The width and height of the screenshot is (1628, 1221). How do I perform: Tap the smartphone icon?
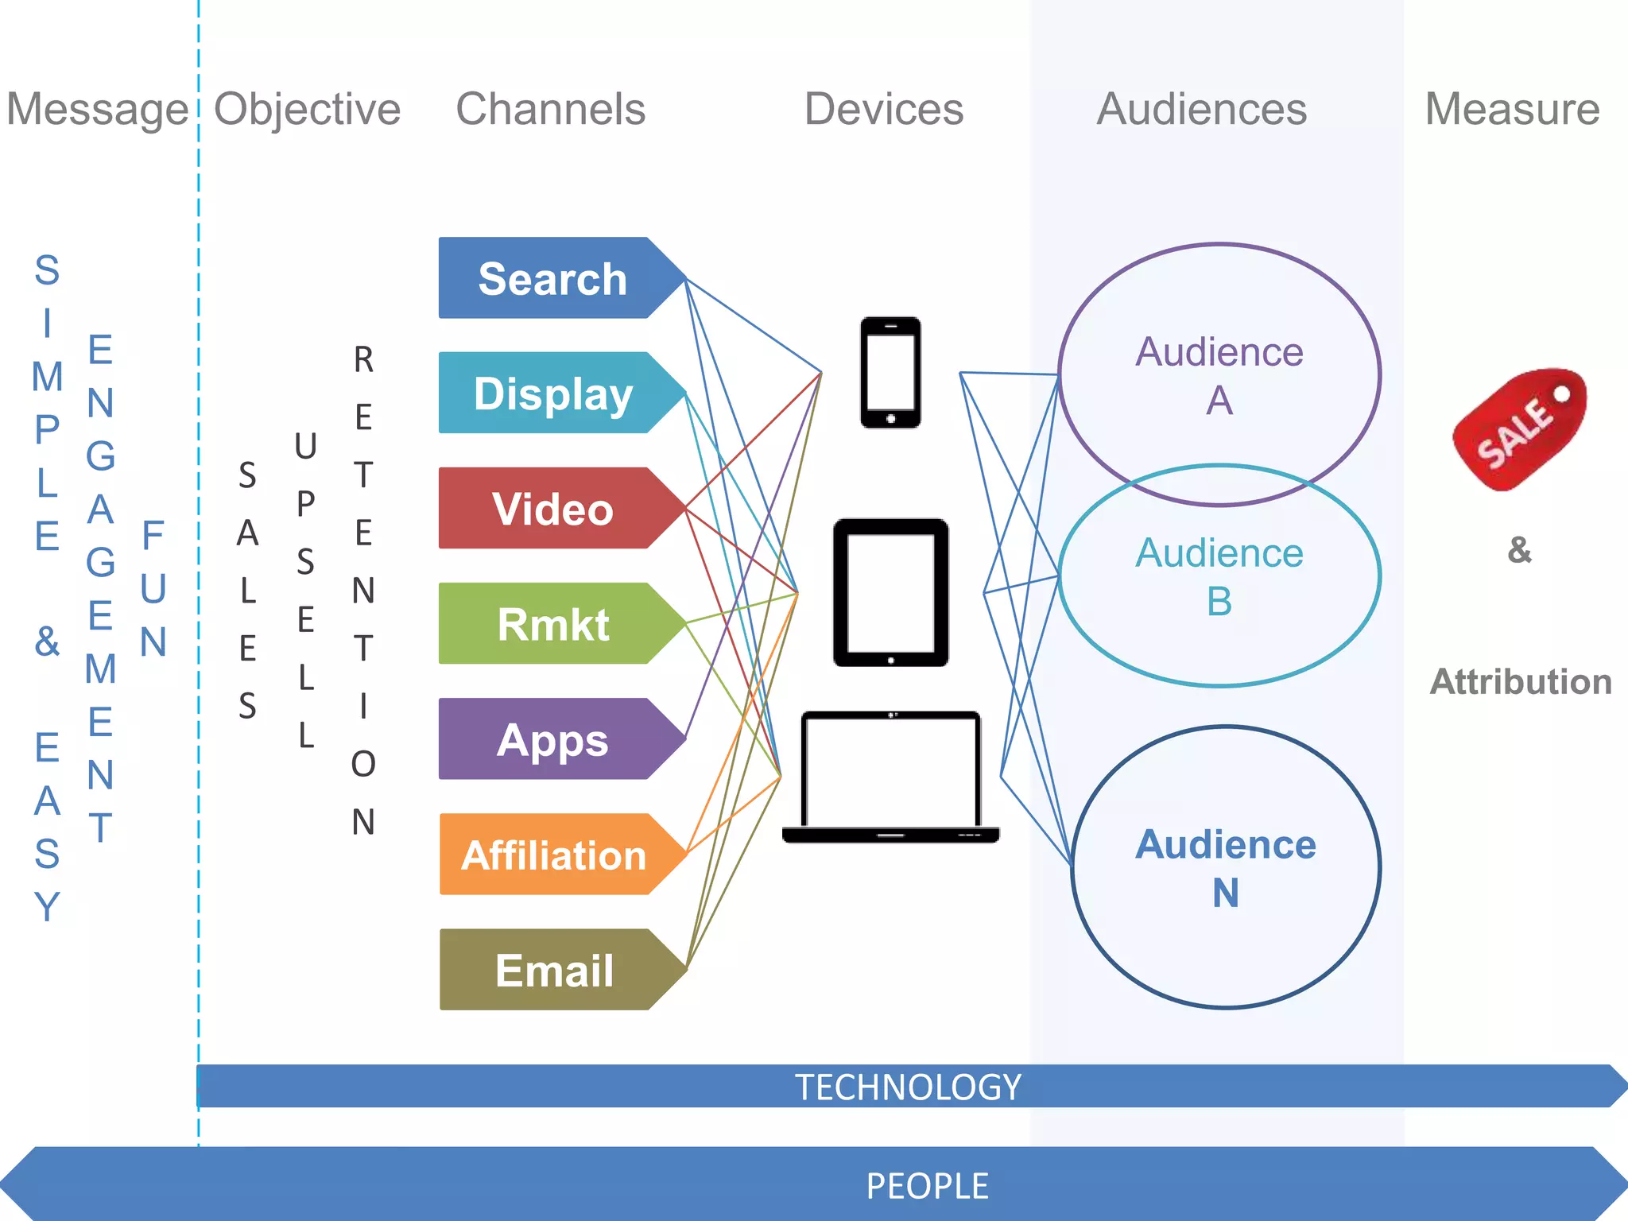[890, 372]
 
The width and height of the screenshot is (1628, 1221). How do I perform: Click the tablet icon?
[890, 593]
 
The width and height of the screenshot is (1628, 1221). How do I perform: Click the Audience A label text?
[1219, 375]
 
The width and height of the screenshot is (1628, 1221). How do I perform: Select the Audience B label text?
[1219, 576]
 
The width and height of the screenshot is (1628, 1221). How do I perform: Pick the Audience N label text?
[1225, 868]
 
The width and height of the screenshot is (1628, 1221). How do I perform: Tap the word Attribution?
[1520, 682]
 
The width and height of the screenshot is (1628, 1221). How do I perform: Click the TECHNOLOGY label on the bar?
[908, 1087]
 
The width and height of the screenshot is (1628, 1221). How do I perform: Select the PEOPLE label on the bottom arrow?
[927, 1186]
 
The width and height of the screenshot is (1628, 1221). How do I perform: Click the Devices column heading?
[883, 109]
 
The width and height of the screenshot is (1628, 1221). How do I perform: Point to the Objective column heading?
[308, 109]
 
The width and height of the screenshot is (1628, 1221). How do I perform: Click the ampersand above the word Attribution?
[1519, 550]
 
